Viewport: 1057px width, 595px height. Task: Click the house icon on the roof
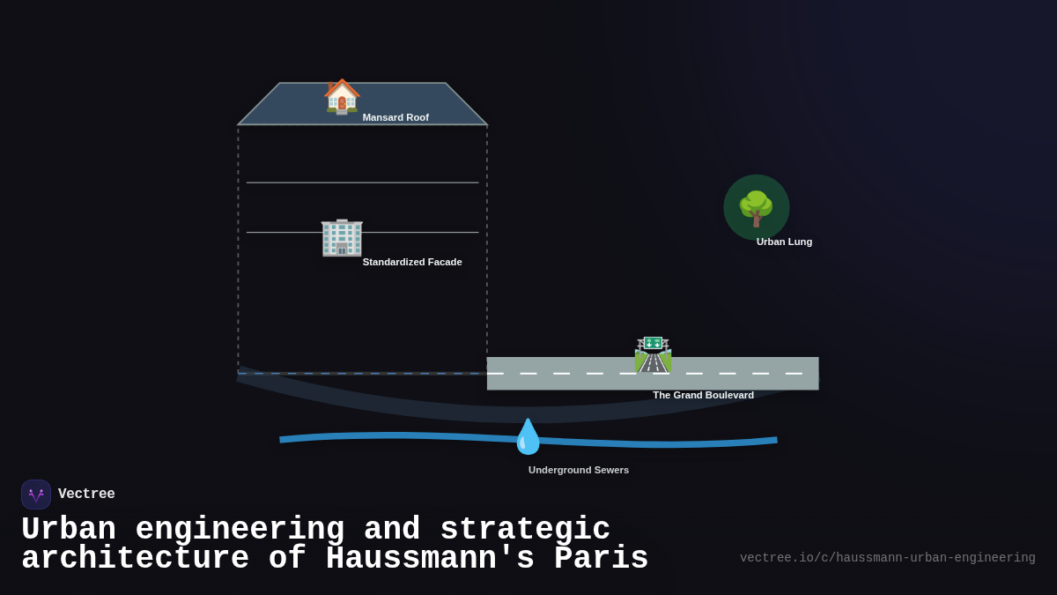click(x=342, y=96)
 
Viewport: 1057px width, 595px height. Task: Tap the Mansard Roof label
click(x=395, y=117)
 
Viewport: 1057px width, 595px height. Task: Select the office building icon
click(x=342, y=237)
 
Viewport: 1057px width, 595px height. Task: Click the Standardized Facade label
click(x=412, y=262)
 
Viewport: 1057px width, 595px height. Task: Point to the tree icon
click(x=756, y=208)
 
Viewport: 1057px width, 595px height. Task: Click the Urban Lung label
click(x=784, y=242)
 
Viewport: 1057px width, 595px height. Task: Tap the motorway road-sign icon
click(x=653, y=354)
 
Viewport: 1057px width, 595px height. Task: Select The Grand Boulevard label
click(x=703, y=395)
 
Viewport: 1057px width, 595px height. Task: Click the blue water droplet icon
click(x=528, y=436)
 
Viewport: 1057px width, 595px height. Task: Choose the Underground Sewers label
click(x=579, y=470)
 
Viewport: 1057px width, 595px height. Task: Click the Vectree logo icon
click(x=36, y=495)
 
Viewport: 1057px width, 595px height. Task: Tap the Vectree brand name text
click(x=86, y=495)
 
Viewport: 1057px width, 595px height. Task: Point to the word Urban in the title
click(x=69, y=530)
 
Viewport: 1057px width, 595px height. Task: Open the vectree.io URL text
click(x=887, y=558)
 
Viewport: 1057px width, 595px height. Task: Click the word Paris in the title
click(x=602, y=559)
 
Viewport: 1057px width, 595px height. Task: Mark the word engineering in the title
click(x=240, y=530)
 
